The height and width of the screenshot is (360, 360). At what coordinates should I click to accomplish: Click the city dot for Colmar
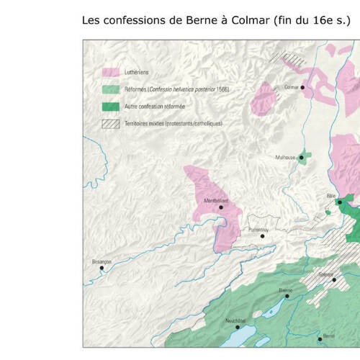pos(302,87)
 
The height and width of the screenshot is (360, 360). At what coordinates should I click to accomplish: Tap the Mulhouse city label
pos(285,157)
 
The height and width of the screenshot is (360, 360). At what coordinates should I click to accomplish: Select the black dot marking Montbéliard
pos(221,207)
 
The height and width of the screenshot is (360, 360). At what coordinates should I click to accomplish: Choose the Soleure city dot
pos(333,280)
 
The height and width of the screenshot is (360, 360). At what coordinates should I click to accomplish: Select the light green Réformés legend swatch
pos(111,90)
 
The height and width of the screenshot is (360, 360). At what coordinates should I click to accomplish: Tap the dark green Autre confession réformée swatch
pos(111,107)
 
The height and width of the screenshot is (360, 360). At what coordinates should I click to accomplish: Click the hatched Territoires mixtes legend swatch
pos(111,124)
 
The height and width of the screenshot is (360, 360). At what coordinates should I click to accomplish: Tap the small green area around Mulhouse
pos(305,156)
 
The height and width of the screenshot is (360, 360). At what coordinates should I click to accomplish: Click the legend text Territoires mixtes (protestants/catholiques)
pos(173,124)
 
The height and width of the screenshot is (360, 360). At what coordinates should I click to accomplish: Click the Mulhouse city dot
pos(300,157)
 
